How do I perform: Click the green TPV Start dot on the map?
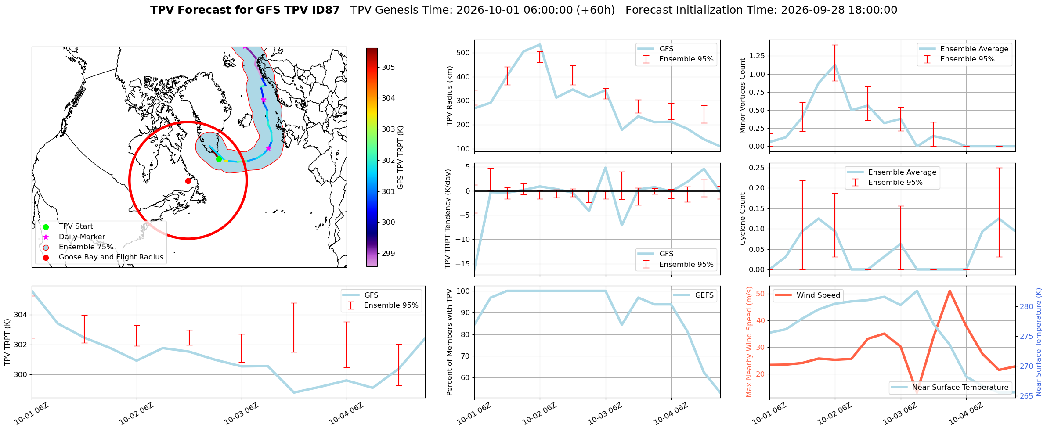[219, 159]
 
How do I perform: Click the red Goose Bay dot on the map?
[188, 181]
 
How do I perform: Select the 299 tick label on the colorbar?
[388, 253]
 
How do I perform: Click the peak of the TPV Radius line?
[540, 44]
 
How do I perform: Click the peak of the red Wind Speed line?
[950, 291]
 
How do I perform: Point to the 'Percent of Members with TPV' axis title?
[449, 342]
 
